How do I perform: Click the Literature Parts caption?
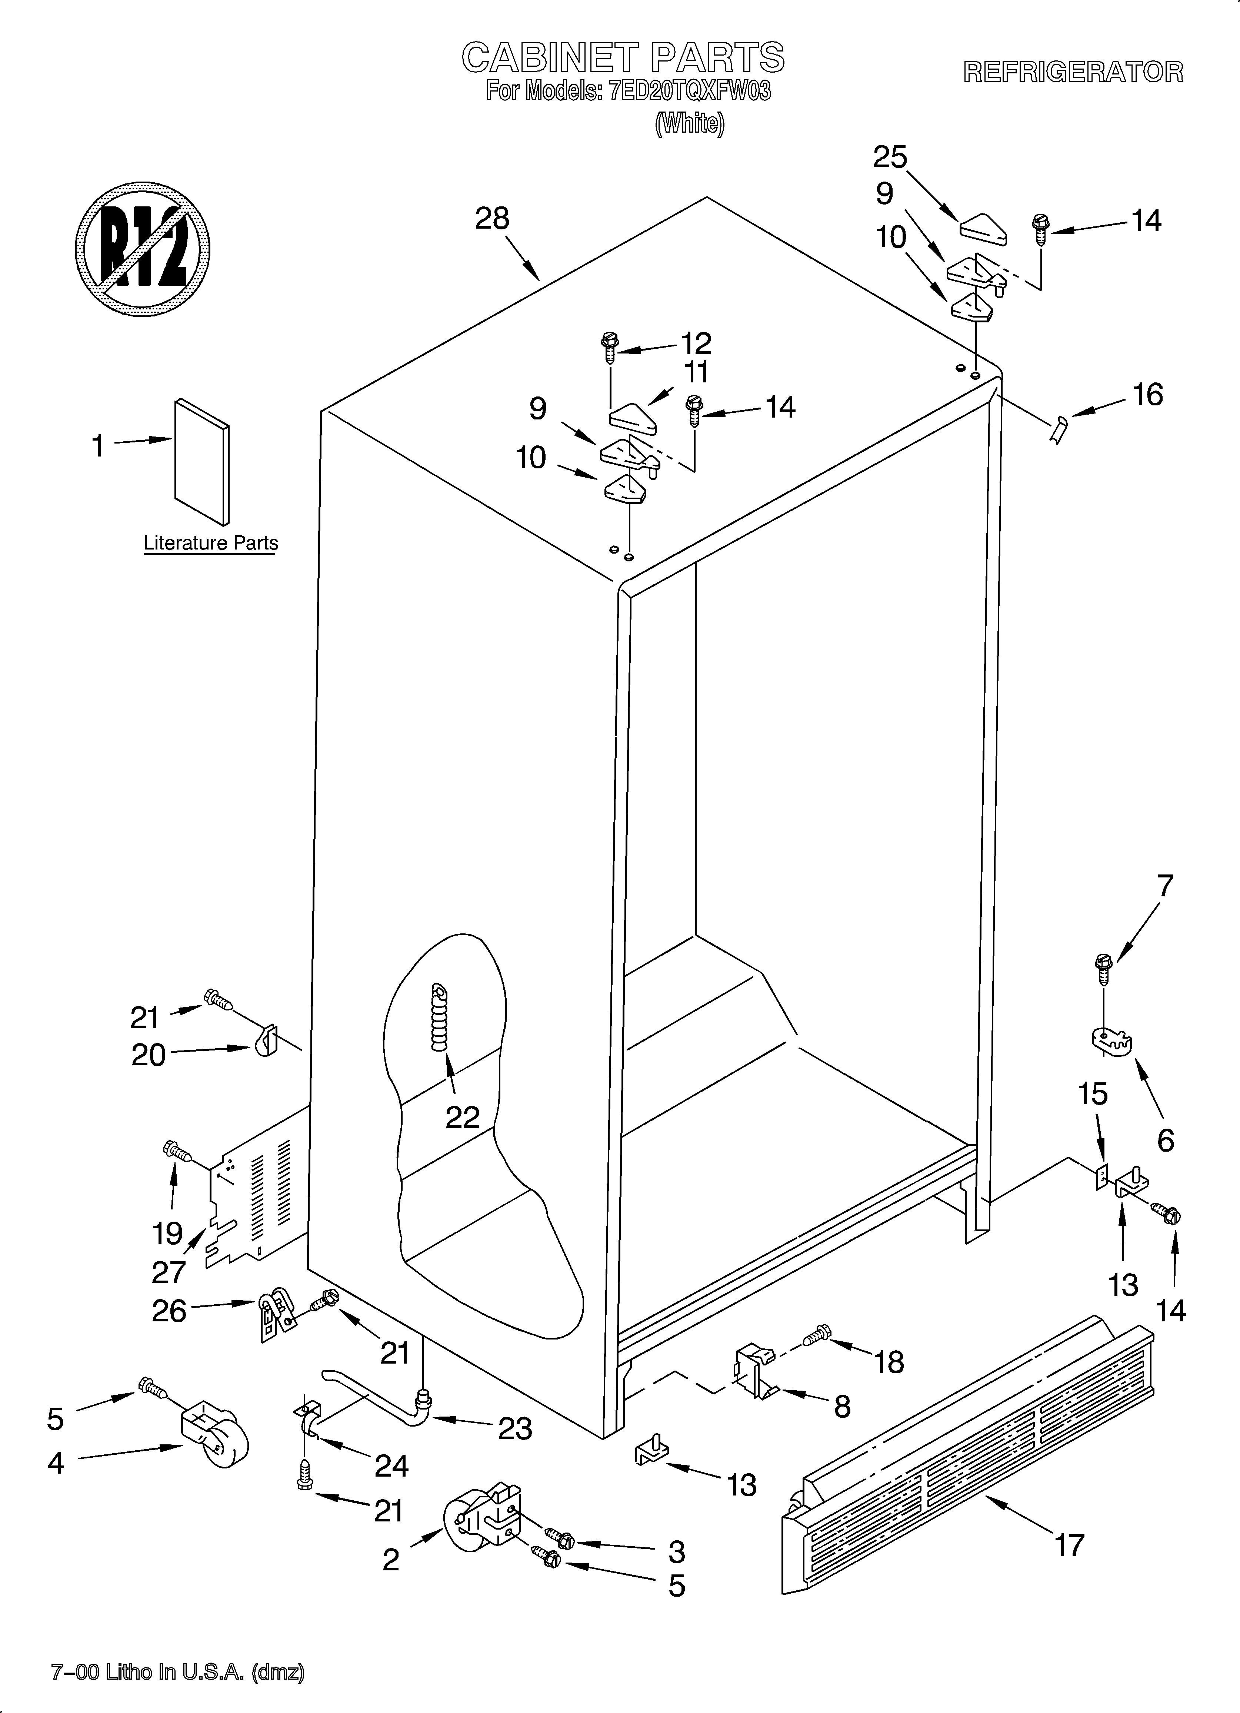click(x=211, y=543)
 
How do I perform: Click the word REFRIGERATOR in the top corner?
click(x=1072, y=72)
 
